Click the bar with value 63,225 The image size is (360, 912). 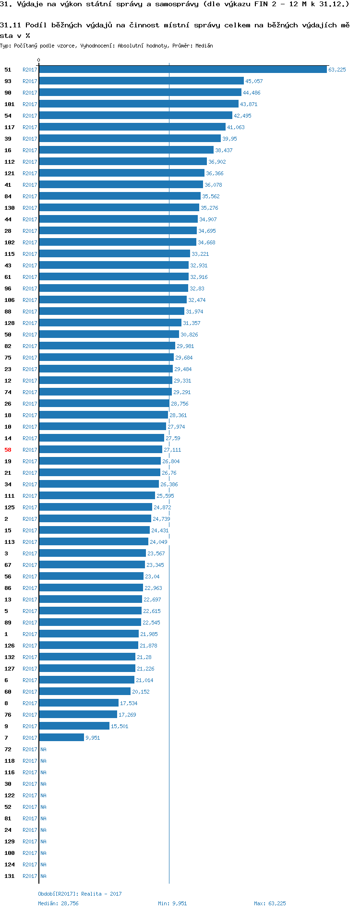tap(182, 70)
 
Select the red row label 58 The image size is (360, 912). tap(8, 450)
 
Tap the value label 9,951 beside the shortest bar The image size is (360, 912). tap(93, 738)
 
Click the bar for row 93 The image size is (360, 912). tap(141, 81)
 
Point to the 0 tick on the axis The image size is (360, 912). tap(39, 60)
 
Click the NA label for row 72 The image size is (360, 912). tap(43, 749)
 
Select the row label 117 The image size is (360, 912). tap(10, 127)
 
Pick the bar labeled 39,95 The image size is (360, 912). tap(130, 139)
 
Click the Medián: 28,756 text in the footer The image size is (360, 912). tap(58, 903)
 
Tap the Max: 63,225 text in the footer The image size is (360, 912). tap(270, 903)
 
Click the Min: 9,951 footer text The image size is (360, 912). tap(172, 903)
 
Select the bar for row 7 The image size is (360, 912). tap(61, 738)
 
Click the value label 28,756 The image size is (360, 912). tap(180, 404)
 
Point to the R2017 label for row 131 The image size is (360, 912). tap(30, 876)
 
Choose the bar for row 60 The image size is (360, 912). tap(84, 692)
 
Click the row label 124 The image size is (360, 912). tap(10, 864)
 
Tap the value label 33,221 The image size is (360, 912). tap(200, 254)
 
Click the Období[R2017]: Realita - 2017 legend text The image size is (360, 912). tap(80, 894)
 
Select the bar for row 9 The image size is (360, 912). tap(74, 726)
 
